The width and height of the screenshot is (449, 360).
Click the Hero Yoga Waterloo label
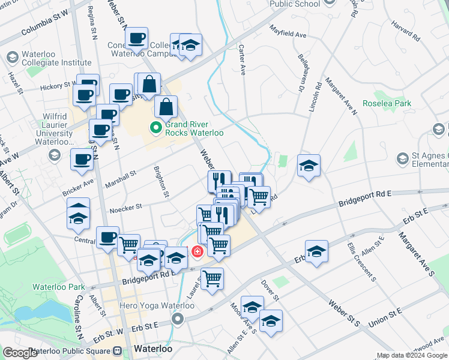158,305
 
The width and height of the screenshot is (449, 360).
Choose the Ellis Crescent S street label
361,262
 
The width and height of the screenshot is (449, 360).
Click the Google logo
20,353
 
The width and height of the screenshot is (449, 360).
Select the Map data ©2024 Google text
412,355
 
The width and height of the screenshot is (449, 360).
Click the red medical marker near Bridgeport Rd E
196,251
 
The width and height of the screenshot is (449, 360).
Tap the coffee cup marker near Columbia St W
137,39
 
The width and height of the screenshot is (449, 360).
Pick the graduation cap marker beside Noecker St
78,214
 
